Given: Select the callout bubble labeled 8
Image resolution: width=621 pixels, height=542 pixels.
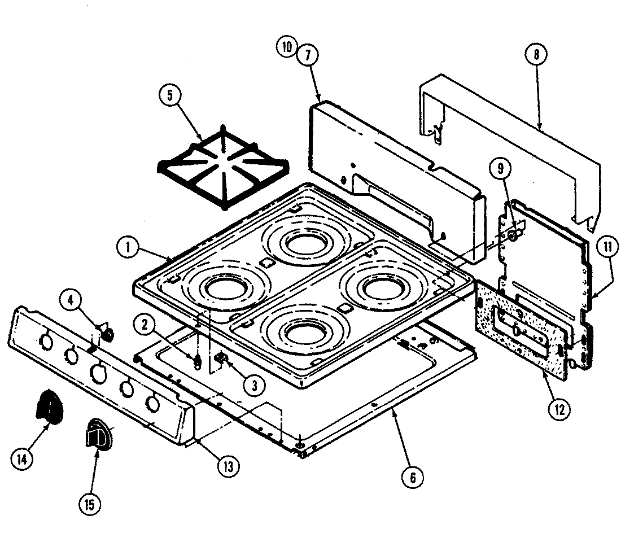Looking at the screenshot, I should [535, 55].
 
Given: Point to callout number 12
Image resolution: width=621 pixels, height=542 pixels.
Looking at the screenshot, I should [558, 408].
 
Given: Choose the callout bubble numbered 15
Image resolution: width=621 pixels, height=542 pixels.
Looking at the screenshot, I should [91, 502].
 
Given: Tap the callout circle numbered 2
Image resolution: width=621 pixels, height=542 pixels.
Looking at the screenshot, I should [145, 324].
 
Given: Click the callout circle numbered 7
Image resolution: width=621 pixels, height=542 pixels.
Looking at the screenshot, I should [308, 55].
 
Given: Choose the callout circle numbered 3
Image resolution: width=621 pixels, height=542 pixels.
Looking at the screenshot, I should [255, 386].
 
